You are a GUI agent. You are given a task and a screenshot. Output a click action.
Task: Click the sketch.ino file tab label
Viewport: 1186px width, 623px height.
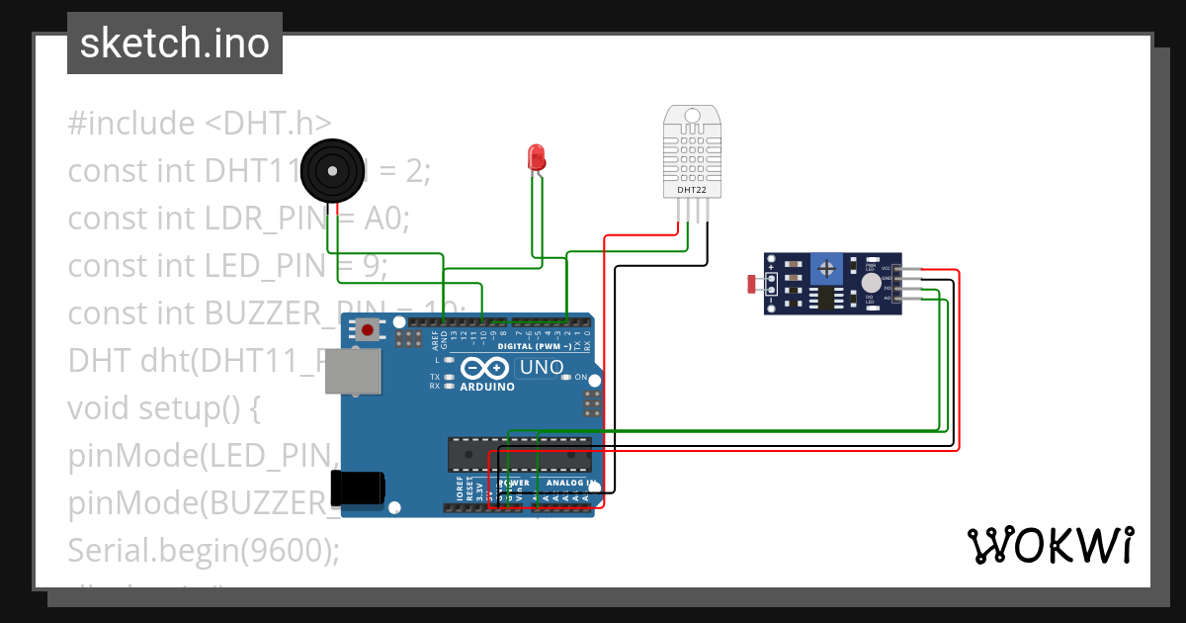[x=174, y=44]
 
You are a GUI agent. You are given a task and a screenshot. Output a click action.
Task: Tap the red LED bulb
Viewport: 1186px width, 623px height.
[x=536, y=156]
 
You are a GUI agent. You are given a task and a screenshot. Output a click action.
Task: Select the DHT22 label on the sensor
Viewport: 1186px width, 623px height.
[x=691, y=189]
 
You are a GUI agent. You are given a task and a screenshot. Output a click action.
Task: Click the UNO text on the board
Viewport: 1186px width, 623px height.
[x=541, y=368]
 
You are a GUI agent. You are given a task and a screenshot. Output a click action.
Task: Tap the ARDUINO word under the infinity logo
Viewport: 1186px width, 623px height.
[x=487, y=387]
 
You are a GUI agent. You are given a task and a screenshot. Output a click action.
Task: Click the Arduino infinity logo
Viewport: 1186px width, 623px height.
[x=485, y=369]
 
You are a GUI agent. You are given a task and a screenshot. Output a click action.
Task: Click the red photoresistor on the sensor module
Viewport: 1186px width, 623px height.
[x=753, y=285]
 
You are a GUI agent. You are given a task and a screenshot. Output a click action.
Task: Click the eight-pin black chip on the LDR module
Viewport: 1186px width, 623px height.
[x=821, y=296]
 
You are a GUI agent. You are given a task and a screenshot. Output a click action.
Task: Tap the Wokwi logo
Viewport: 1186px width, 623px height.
[x=1050, y=545]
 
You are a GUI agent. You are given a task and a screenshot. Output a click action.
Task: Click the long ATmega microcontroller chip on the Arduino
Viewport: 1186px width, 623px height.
[x=519, y=453]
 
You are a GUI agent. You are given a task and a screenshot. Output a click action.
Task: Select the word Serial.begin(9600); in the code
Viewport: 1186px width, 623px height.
[x=203, y=549]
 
